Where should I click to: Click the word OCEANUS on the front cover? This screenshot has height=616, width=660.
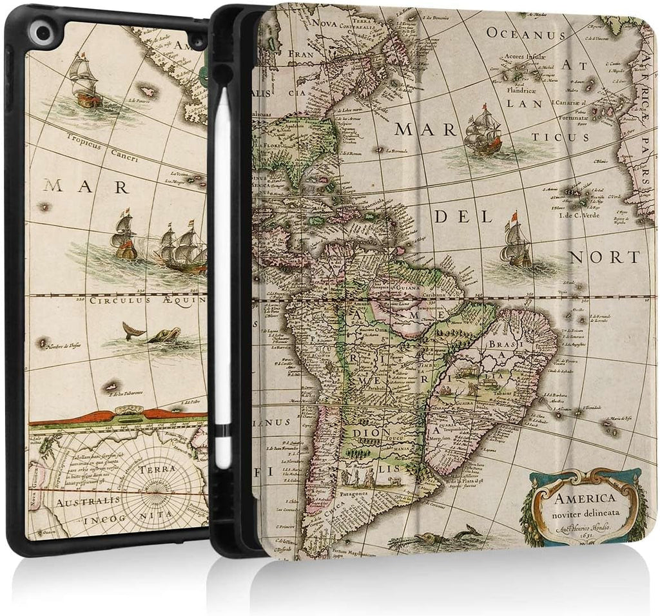[521, 33]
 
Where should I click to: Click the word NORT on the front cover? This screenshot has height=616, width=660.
[605, 257]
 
